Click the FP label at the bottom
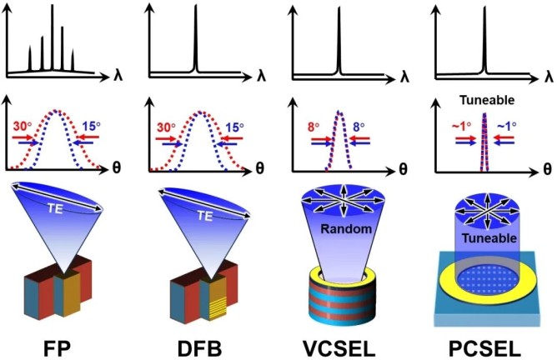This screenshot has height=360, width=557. pos(60,344)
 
